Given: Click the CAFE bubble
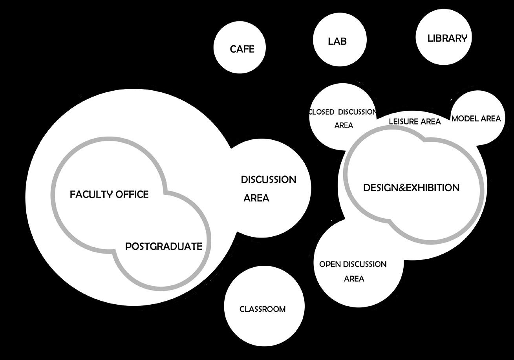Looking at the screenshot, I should [x=240, y=48].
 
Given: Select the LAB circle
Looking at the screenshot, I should [x=340, y=40].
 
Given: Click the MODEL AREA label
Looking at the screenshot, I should [x=476, y=119].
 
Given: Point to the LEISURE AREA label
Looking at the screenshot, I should [x=415, y=122].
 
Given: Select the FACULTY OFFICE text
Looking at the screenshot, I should [x=109, y=194].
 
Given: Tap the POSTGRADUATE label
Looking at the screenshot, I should [x=163, y=247].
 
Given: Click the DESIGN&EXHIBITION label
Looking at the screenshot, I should [x=411, y=188].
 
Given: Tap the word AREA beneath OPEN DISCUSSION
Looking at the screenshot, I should [x=354, y=279].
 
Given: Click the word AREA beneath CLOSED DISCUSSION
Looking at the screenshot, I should [x=344, y=126].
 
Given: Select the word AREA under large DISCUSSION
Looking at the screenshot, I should [x=256, y=198].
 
